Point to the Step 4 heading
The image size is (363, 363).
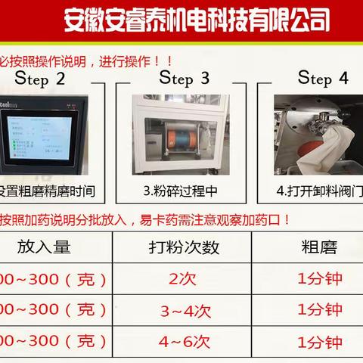323,78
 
